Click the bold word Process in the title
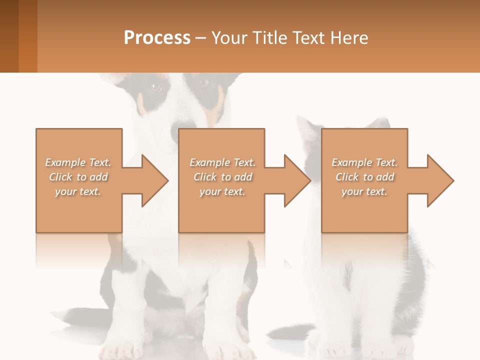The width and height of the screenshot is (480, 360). click(157, 38)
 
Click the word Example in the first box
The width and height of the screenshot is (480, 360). click(65, 162)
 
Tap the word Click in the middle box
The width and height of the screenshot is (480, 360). click(204, 177)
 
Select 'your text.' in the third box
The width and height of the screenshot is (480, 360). click(364, 191)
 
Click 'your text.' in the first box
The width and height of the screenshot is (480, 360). click(78, 191)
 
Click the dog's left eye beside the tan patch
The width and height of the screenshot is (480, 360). click(155, 87)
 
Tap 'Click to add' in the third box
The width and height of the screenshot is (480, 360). click(364, 177)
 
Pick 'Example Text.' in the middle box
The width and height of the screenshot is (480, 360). click(222, 162)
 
